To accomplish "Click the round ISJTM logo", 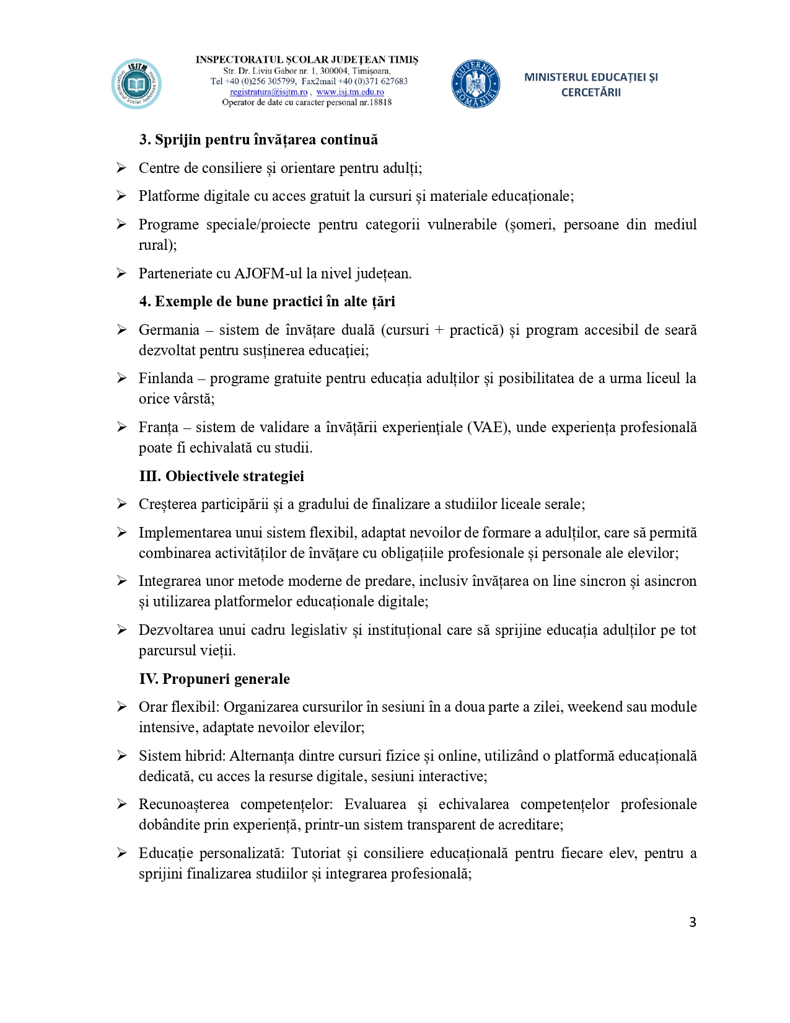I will [x=136, y=84].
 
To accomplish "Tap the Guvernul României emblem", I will [x=475, y=84].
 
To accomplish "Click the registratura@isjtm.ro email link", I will [x=268, y=92].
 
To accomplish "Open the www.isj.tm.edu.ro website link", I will [x=350, y=92].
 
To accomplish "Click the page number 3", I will [x=692, y=922].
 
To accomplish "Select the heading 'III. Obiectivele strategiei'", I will [x=221, y=476].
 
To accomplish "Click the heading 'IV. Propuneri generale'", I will [x=214, y=679].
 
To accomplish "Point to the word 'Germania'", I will [x=169, y=330].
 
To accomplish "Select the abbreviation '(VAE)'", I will [x=488, y=427].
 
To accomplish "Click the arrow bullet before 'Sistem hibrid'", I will [x=122, y=755].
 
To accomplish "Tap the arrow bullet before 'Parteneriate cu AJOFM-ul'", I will [x=122, y=273].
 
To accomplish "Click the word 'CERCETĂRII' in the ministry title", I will [x=590, y=92].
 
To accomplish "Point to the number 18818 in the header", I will [x=380, y=102].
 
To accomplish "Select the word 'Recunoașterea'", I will [x=183, y=804].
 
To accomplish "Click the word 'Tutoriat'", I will [x=316, y=853].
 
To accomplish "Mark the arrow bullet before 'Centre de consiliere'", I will [x=122, y=167].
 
